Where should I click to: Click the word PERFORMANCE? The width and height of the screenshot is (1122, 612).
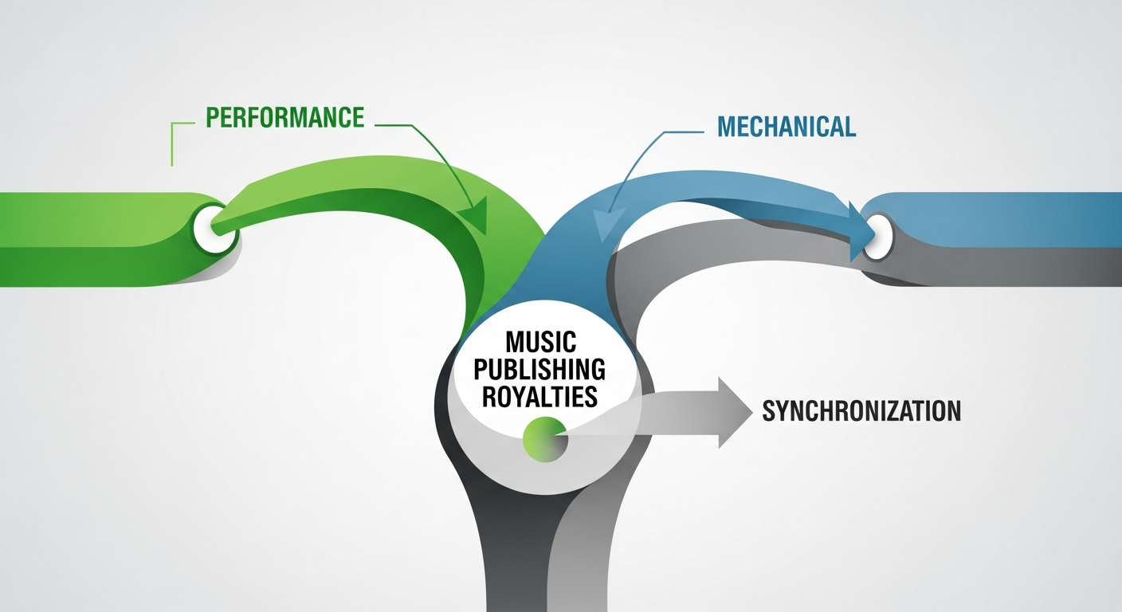[284, 118]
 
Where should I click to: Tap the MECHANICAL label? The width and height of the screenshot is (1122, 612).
[786, 127]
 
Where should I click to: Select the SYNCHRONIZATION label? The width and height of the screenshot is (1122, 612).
[861, 411]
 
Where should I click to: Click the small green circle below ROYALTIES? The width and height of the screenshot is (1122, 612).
[543, 438]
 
